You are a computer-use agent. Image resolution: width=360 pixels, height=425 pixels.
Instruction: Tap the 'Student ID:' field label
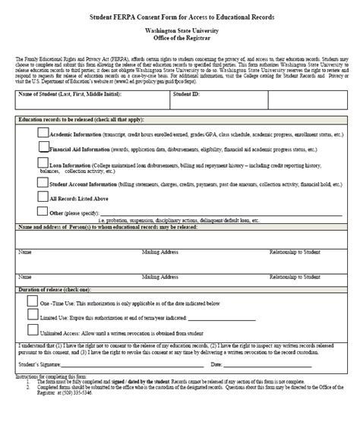187,94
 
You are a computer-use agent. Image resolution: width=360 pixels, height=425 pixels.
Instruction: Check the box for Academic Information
43,131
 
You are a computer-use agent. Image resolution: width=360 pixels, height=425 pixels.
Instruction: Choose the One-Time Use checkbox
32,301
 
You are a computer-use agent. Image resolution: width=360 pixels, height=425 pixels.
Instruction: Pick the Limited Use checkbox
32,316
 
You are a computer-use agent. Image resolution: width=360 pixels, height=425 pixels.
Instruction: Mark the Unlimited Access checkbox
32,330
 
